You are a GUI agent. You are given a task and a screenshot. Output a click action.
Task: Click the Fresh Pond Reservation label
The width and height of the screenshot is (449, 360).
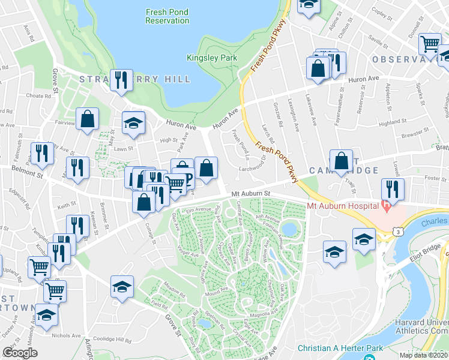[x=167, y=16]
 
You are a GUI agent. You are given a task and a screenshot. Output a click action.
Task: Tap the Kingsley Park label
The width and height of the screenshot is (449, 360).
[x=212, y=58]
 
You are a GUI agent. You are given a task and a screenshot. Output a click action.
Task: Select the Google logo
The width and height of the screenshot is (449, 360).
[x=20, y=353]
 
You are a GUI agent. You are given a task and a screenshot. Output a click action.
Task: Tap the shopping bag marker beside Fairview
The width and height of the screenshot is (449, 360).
[x=88, y=119]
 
